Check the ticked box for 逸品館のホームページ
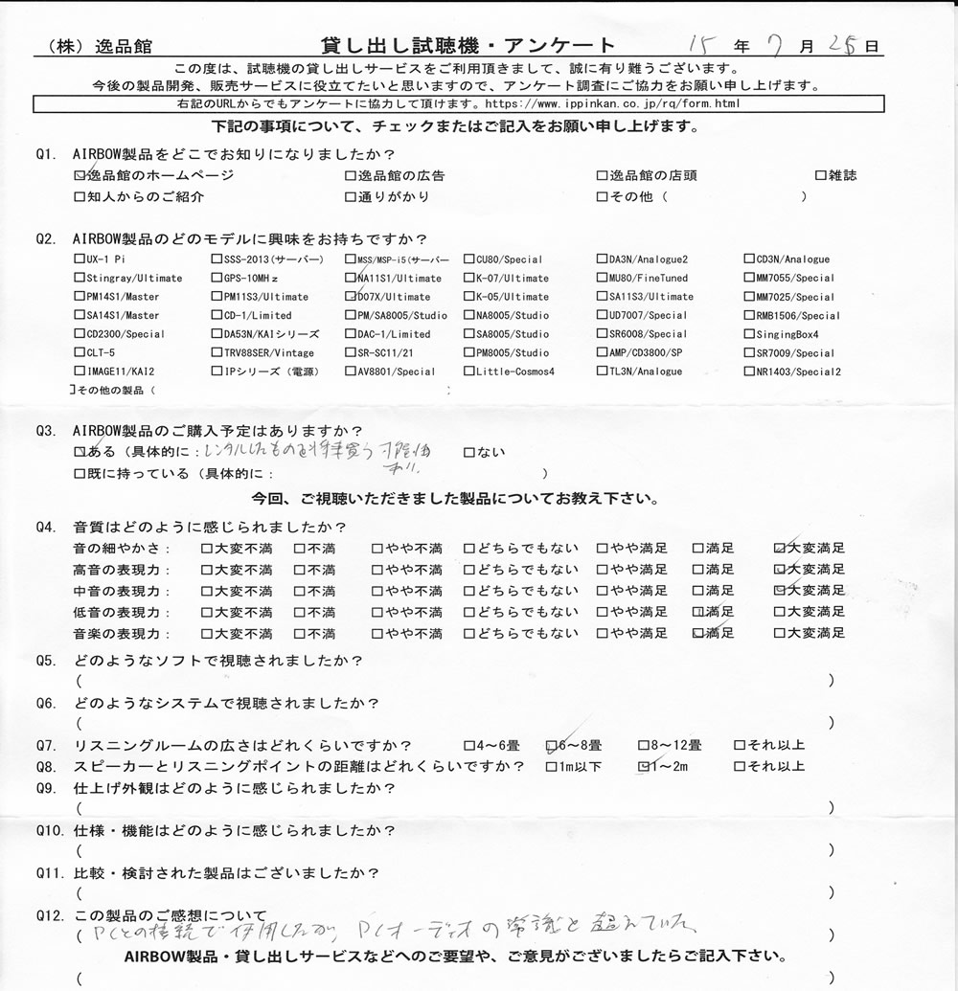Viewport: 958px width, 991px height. pyautogui.click(x=79, y=176)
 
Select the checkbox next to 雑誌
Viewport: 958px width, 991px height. pyautogui.click(x=820, y=176)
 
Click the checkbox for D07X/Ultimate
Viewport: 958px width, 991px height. pyautogui.click(x=351, y=297)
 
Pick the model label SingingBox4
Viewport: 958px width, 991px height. pyautogui.click(x=788, y=334)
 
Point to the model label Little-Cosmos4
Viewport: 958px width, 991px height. pyautogui.click(x=514, y=372)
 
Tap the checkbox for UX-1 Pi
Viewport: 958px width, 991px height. pyautogui.click(x=78, y=259)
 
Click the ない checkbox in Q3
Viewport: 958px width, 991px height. pyautogui.click(x=469, y=452)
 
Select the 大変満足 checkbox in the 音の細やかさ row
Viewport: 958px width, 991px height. pyautogui.click(x=779, y=549)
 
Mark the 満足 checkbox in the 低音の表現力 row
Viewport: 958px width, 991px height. pyautogui.click(x=697, y=612)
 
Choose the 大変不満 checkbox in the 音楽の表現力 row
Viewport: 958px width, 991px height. pyautogui.click(x=207, y=633)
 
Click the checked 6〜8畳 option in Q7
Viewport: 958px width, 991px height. pyautogui.click(x=552, y=745)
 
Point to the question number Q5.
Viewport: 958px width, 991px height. pyautogui.click(x=45, y=661)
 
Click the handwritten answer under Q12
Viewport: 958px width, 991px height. pyautogui.click(x=383, y=928)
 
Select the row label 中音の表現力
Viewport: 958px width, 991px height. pyautogui.click(x=122, y=591)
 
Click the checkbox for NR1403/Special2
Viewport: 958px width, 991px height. pyautogui.click(x=749, y=372)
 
